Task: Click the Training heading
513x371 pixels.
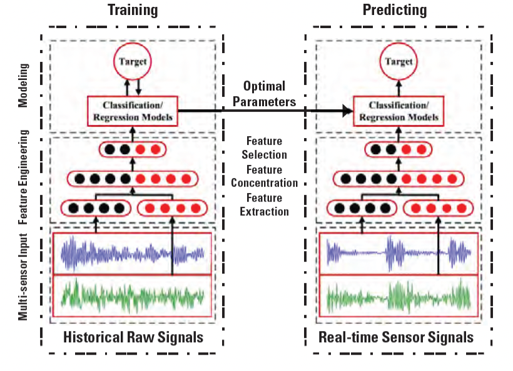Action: coord(133,10)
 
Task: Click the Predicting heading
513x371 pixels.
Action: coord(395,10)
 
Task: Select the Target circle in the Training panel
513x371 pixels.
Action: coord(133,62)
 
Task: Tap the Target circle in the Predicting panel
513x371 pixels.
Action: coord(399,61)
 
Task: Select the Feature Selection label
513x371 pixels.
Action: coord(265,148)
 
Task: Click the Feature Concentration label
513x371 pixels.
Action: coord(265,176)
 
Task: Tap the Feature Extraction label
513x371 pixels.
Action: coord(265,205)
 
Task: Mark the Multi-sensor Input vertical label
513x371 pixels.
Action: coord(23,277)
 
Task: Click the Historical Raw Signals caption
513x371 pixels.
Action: coord(133,337)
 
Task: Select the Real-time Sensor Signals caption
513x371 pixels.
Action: coord(396,337)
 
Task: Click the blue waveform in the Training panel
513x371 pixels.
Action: coord(133,253)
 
